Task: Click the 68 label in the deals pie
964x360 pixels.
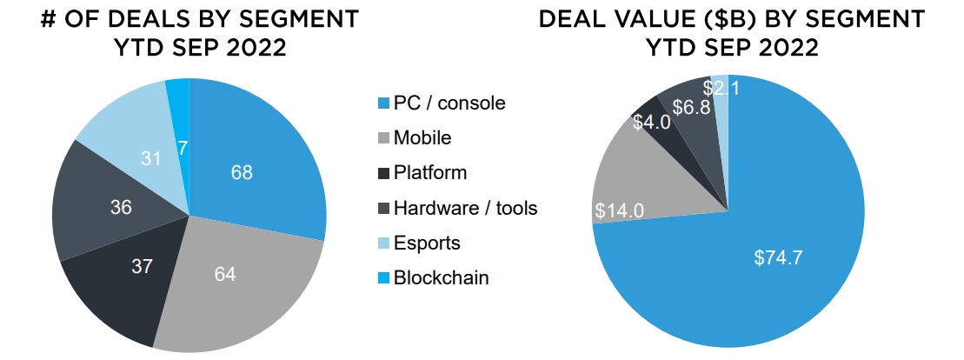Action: (242, 172)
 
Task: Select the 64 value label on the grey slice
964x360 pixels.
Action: (225, 275)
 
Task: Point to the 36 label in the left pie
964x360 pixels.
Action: (121, 207)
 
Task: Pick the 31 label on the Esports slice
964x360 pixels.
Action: (151, 158)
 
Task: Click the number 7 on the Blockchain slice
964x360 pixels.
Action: (182, 149)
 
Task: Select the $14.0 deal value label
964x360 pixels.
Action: (620, 211)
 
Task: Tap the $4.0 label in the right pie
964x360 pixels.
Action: (651, 123)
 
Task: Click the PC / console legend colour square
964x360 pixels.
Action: (382, 103)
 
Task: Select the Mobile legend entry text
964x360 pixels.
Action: (422, 137)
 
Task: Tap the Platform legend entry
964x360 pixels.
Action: (429, 172)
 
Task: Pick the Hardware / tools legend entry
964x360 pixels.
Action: (465, 208)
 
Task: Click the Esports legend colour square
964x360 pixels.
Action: (382, 243)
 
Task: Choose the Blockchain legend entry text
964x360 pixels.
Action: (441, 278)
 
